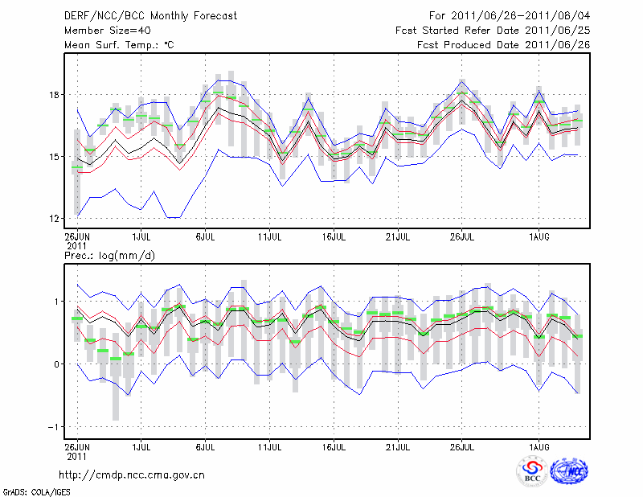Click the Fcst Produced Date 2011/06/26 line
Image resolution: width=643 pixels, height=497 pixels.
(x=503, y=45)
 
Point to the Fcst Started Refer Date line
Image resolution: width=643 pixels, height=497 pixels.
(x=493, y=31)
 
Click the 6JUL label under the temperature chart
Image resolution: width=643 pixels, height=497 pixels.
(x=205, y=236)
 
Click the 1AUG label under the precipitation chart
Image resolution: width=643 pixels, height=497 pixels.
(x=539, y=445)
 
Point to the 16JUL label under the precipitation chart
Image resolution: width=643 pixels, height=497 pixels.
(x=334, y=445)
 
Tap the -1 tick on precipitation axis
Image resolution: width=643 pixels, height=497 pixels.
(x=55, y=427)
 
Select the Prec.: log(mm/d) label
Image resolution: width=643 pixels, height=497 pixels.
(x=108, y=256)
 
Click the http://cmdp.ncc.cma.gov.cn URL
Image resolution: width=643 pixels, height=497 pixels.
(x=133, y=475)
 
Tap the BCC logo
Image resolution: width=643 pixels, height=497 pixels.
(x=531, y=471)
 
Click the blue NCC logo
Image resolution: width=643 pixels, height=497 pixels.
(x=569, y=471)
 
